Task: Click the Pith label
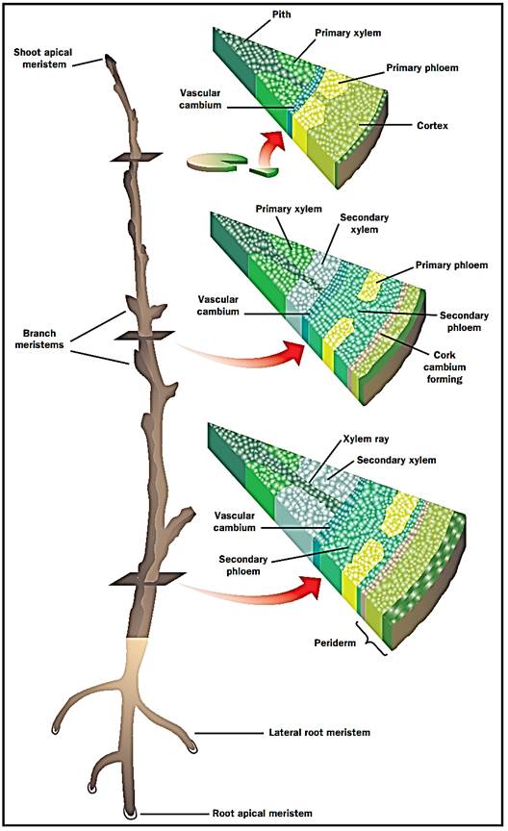click(282, 14)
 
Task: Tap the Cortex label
click(432, 126)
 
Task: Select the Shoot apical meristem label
click(43, 59)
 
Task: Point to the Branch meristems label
click(39, 339)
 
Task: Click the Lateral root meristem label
click(319, 733)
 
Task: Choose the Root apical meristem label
click(262, 813)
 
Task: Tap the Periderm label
click(335, 643)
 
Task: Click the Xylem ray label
click(366, 439)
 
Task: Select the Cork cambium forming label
click(444, 366)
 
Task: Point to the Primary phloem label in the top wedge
click(422, 68)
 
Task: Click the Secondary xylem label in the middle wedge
click(365, 223)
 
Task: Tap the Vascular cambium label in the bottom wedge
click(235, 521)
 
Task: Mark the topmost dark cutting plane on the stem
click(137, 157)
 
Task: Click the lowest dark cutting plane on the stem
click(148, 579)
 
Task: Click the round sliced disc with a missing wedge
click(217, 162)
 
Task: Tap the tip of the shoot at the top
click(109, 56)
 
